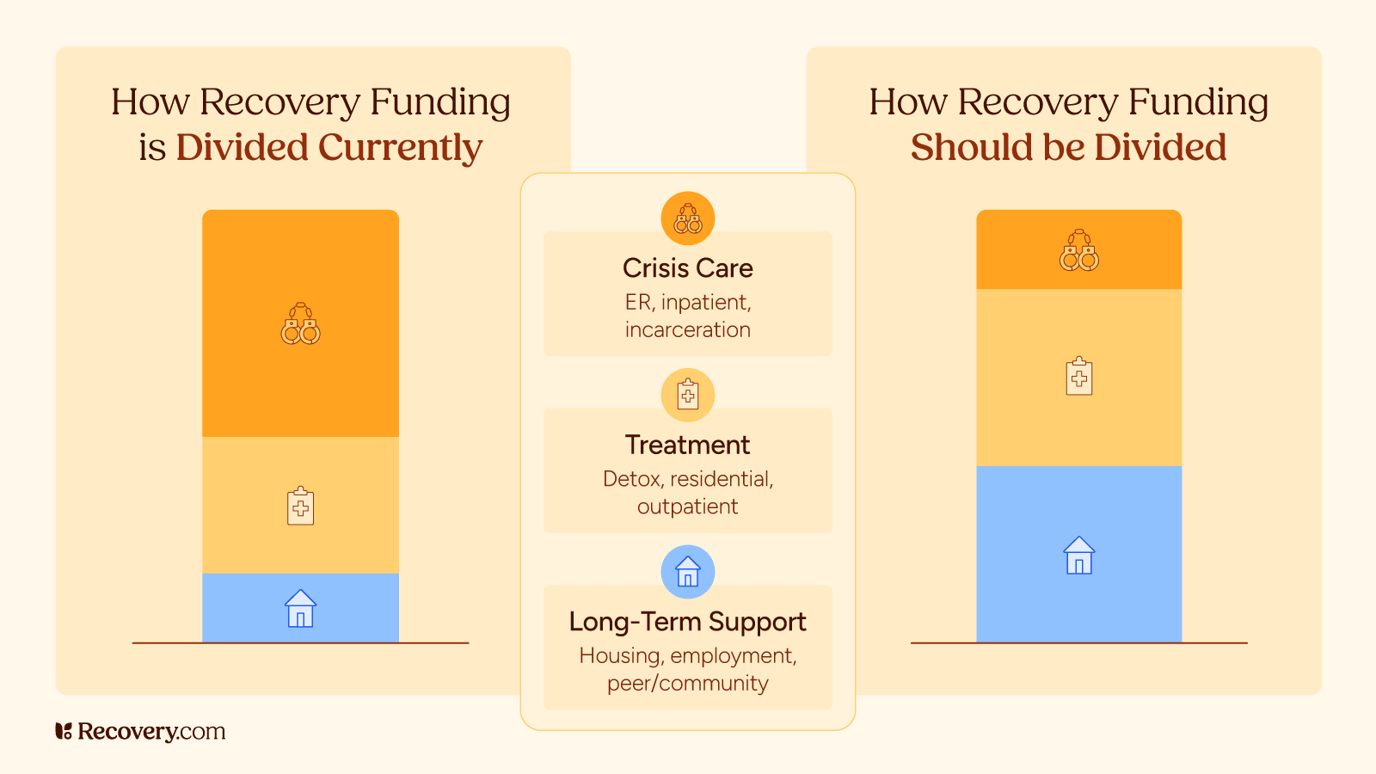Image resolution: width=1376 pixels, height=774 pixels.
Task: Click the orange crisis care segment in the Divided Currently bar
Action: [x=300, y=258]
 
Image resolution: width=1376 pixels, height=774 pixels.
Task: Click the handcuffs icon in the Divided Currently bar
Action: [x=300, y=324]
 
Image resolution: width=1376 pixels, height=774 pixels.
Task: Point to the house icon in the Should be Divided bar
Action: [x=1078, y=556]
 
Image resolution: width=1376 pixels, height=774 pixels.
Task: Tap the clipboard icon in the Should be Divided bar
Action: [x=1078, y=377]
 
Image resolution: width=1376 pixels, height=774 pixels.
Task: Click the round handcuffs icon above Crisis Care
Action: [x=687, y=218]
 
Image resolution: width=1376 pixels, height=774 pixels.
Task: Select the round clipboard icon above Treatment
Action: [x=687, y=395]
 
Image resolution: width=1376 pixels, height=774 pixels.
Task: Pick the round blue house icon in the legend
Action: [x=687, y=572]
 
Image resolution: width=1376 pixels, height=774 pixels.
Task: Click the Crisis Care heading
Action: [x=687, y=268]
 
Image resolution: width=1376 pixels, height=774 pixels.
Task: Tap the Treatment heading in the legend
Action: [x=687, y=445]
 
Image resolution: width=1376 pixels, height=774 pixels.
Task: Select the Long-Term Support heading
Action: [x=687, y=622]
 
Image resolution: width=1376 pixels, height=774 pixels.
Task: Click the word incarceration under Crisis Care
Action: [x=687, y=330]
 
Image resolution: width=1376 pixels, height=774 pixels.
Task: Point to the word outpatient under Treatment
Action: [x=687, y=507]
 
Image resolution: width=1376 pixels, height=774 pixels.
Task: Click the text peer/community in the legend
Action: [x=687, y=684]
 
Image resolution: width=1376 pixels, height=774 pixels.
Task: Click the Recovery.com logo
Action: [x=140, y=731]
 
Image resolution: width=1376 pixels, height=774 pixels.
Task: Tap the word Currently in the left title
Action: [x=400, y=148]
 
